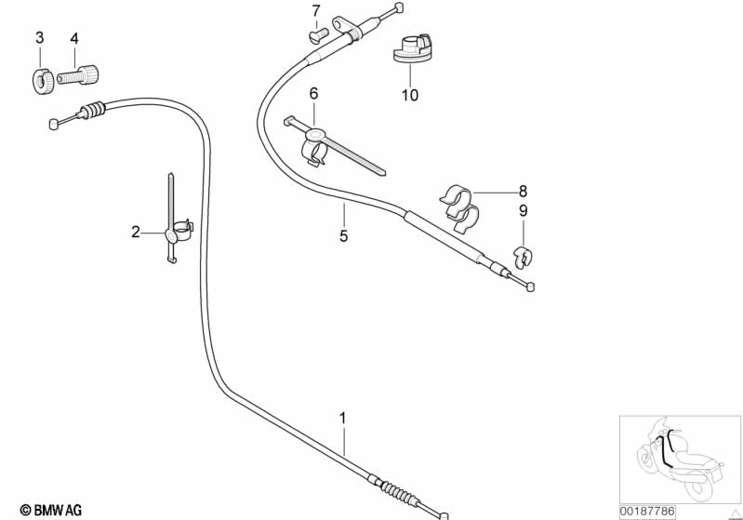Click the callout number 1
coord(342,419)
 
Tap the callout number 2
coord(136,232)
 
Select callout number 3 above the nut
coord(39,38)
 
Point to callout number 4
coord(73,38)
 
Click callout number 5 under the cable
coord(343,236)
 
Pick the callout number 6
coord(313,93)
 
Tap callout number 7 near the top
coord(315,11)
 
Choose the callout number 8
coord(523,190)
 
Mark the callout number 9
coord(523,211)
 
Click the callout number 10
coord(410,95)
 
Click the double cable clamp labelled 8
coord(460,207)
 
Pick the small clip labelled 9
coord(524,255)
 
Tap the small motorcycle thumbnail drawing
coord(680,457)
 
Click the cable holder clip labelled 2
coord(178,232)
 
